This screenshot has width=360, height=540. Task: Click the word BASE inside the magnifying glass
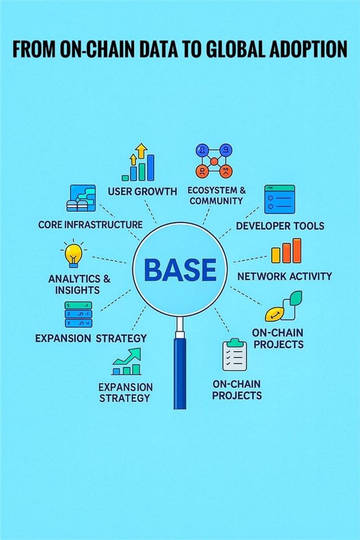pos(180,270)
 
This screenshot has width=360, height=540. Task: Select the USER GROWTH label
pos(142,192)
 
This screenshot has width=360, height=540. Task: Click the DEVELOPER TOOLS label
pos(280,226)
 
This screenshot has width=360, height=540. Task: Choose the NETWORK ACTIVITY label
pos(285,276)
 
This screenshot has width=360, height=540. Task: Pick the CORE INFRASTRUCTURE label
pos(90,225)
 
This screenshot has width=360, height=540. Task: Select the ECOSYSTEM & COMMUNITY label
pos(217,195)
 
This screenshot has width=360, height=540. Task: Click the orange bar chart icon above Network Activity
pos(286,251)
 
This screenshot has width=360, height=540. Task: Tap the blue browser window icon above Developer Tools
pos(280,199)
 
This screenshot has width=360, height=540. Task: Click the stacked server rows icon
pos(78,314)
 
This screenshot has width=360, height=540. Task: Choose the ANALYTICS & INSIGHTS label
pos(79,284)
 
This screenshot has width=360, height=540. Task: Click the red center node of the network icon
pos(214,161)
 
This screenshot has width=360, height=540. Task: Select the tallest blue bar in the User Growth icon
pos(150,167)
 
